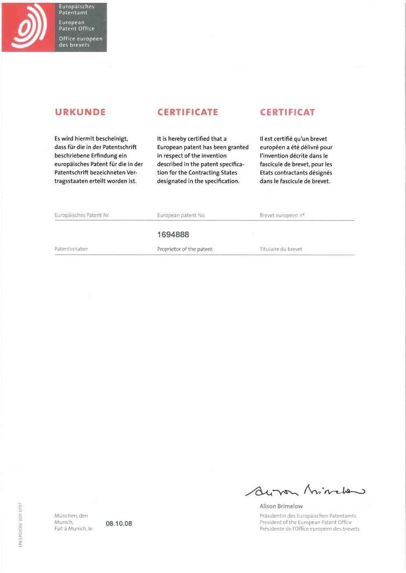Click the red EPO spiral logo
tap(28, 28)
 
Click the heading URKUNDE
tap(80, 112)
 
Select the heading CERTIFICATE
tap(188, 112)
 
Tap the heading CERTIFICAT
tap(287, 112)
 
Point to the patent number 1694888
tap(173, 235)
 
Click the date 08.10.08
tap(119, 524)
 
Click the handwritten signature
tap(305, 491)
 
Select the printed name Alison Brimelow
tap(281, 507)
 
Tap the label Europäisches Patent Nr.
tap(82, 215)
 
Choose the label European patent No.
tap(181, 215)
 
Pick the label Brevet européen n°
tap(282, 215)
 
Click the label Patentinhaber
tap(71, 249)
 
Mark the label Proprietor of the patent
tap(185, 249)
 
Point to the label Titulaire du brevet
tap(281, 249)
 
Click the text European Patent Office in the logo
tap(76, 26)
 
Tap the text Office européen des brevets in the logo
tap(80, 42)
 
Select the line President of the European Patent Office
tap(306, 523)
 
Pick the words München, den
tap(71, 516)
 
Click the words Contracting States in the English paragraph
tap(213, 173)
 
